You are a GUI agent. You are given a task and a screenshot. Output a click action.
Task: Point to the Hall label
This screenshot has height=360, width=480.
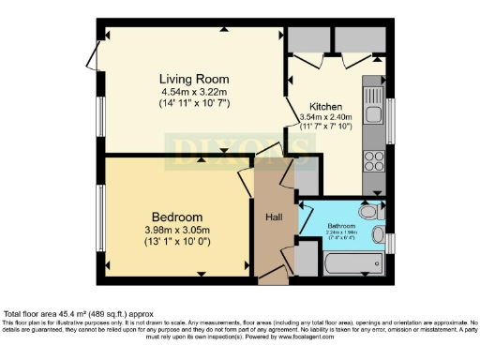click(275, 217)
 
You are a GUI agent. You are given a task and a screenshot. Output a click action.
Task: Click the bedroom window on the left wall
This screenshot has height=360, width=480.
click(101, 217)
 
